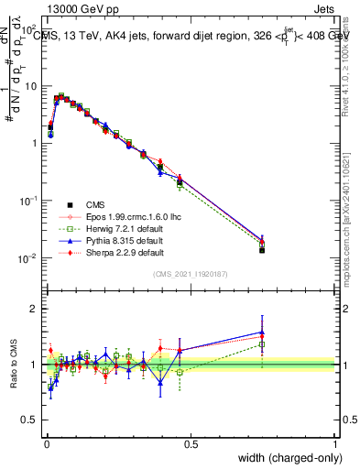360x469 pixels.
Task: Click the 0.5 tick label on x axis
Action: click(x=191, y=443)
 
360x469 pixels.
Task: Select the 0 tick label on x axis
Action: click(x=47, y=443)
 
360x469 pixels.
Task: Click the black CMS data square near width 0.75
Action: click(x=262, y=249)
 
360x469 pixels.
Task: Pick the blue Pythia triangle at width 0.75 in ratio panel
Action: click(x=262, y=333)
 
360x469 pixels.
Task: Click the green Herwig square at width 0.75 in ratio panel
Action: click(x=262, y=344)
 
